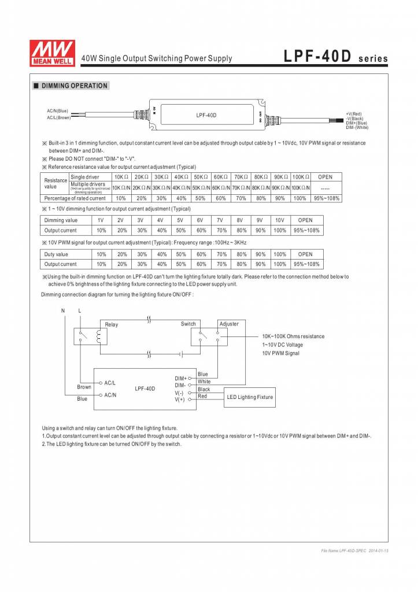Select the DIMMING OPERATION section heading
point(74,86)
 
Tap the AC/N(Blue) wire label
point(58,110)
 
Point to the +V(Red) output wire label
point(353,114)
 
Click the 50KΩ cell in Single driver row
point(201,177)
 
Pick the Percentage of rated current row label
point(75,198)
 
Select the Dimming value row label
point(61,220)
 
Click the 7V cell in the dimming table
point(220,220)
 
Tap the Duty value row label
point(56,254)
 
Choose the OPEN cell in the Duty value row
point(305,254)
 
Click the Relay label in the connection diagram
point(112,325)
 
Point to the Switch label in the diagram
point(188,324)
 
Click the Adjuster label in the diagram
point(229,324)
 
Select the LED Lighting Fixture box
point(249,397)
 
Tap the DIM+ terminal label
point(180,379)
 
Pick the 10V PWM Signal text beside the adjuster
point(281,353)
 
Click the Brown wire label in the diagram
point(84,387)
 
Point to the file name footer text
point(354,551)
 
